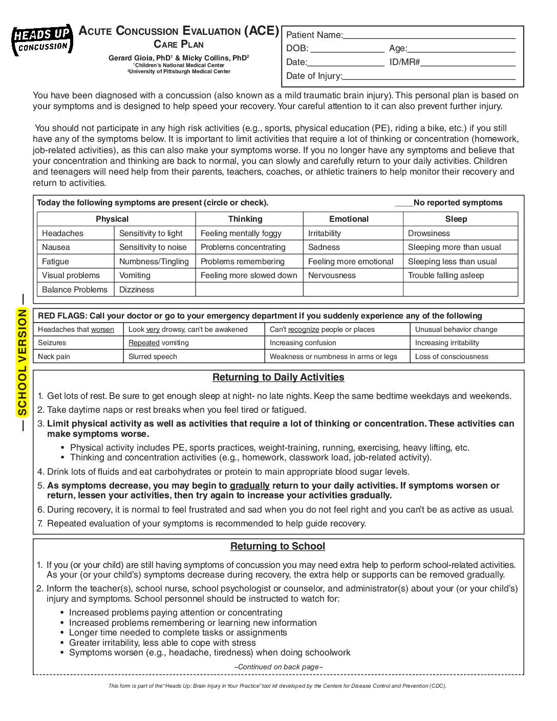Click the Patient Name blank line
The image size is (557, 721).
click(x=429, y=36)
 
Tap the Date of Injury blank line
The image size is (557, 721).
click(x=429, y=77)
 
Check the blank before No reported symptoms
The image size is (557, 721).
click(x=404, y=204)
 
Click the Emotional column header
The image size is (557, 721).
click(x=349, y=219)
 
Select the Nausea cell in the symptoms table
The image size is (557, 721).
click(x=56, y=247)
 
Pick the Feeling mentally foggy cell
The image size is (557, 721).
click(x=241, y=234)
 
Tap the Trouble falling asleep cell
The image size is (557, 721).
click(x=446, y=275)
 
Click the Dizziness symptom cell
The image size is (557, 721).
click(x=137, y=290)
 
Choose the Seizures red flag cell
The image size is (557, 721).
click(x=52, y=343)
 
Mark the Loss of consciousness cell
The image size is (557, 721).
click(x=452, y=357)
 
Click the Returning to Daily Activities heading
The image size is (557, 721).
click(x=278, y=377)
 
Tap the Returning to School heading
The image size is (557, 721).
click(x=277, y=546)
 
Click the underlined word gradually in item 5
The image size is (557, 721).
click(x=249, y=486)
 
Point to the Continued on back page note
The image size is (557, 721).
click(x=278, y=667)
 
